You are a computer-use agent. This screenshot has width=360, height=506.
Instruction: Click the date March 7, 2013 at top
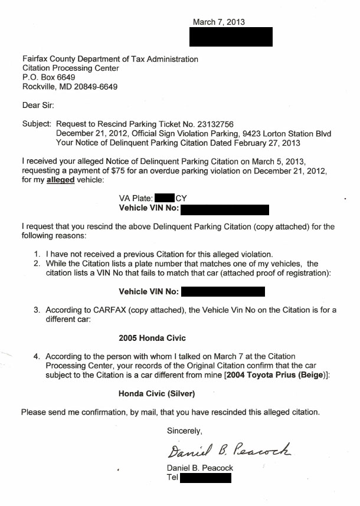coord(218,22)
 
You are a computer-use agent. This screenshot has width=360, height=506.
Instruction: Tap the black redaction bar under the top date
coord(230,37)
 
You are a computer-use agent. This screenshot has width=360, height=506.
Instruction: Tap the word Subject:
coord(37,124)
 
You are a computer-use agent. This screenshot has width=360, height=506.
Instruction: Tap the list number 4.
coord(37,356)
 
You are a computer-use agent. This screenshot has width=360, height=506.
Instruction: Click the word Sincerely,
coord(185,431)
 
